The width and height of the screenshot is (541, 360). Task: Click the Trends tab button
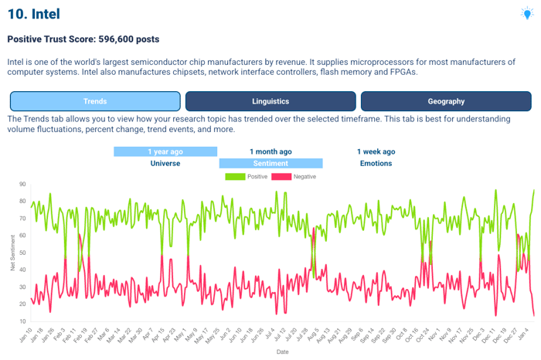click(x=95, y=101)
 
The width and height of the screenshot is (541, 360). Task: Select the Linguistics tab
click(x=270, y=101)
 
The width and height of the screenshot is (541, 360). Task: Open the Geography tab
click(x=446, y=101)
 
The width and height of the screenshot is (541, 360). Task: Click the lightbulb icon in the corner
click(x=527, y=13)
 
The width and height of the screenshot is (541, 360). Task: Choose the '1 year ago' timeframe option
click(x=165, y=151)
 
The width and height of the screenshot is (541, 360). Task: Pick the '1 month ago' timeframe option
click(x=270, y=151)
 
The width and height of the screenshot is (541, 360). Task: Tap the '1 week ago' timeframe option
click(x=376, y=151)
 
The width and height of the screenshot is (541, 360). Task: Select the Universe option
click(x=165, y=163)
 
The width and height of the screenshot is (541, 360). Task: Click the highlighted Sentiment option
click(x=270, y=163)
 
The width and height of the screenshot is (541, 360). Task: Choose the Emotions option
click(x=376, y=163)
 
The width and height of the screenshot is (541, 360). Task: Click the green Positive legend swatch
click(x=235, y=177)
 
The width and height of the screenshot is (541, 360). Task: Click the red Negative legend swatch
click(x=281, y=177)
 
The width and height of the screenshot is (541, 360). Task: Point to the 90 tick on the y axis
click(x=22, y=185)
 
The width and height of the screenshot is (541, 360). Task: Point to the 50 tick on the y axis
click(x=22, y=253)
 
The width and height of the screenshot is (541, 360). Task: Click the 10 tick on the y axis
click(x=22, y=321)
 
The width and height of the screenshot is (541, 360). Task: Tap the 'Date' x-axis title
click(x=283, y=352)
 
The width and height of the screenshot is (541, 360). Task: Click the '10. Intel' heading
click(x=33, y=14)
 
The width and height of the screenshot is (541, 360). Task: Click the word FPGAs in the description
click(x=396, y=71)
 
